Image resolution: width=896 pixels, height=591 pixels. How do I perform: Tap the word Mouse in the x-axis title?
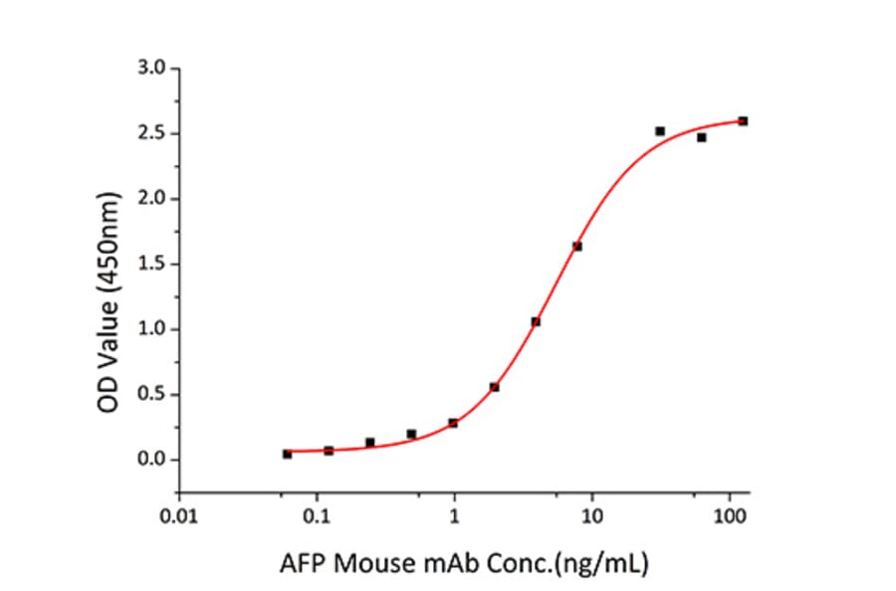click(x=371, y=565)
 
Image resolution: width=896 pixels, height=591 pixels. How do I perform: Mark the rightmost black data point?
click(x=743, y=121)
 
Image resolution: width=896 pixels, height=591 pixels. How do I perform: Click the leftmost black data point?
click(x=287, y=454)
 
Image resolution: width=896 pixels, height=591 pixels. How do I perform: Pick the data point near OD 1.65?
click(x=577, y=246)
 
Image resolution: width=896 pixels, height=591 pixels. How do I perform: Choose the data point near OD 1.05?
click(x=536, y=321)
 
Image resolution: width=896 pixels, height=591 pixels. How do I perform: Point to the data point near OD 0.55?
click(x=495, y=387)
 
